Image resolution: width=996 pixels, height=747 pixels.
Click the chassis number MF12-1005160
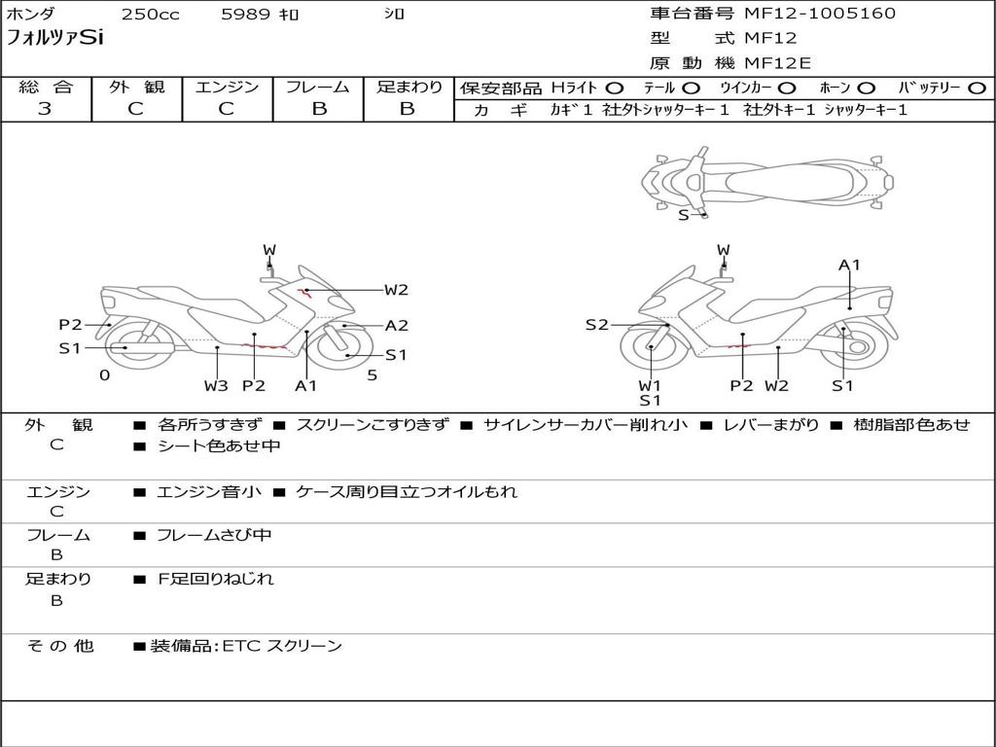point(820,14)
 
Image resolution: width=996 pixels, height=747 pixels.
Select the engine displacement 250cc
point(150,15)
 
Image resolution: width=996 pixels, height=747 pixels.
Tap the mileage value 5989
point(246,15)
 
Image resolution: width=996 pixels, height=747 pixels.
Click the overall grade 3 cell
point(45,109)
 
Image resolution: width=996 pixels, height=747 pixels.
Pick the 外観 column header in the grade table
point(136,87)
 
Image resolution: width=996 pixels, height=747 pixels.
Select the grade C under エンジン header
point(227,109)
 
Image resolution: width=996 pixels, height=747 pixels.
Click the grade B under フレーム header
point(318,109)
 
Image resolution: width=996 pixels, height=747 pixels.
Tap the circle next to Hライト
point(615,89)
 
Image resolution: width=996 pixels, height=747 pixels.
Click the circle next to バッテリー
point(977,89)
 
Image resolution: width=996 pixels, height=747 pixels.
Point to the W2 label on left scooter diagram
point(396,289)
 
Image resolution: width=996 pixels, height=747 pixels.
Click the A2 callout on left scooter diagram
point(396,326)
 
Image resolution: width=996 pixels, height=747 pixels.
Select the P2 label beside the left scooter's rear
point(70,325)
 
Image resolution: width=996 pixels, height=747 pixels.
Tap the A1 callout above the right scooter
point(850,265)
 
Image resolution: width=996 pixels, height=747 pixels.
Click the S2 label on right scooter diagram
point(596,325)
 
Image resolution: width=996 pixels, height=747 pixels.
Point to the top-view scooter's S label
point(683,215)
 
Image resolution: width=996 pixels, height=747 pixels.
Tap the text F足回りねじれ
point(216,579)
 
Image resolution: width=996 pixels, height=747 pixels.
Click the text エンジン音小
point(209,492)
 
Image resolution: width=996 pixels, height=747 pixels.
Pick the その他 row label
point(60,646)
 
